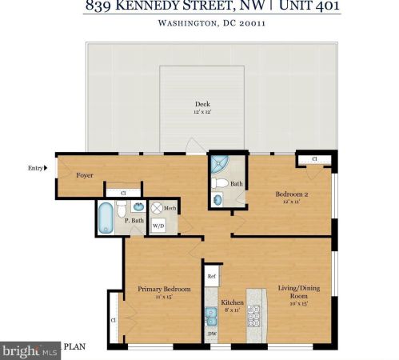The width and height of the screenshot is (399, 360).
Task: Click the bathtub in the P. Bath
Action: pos(106,218)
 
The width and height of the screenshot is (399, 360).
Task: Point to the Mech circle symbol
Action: pos(157,207)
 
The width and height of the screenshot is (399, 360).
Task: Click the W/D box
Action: pos(158,226)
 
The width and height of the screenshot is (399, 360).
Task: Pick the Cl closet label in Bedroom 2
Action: pos(314,160)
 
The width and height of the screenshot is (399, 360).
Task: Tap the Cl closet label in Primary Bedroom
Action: pos(114,320)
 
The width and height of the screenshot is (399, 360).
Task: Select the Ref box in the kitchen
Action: pos(211,277)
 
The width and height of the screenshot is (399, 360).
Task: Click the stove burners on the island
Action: pos(255,315)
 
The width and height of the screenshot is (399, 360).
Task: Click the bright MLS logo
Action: pos(30,350)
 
